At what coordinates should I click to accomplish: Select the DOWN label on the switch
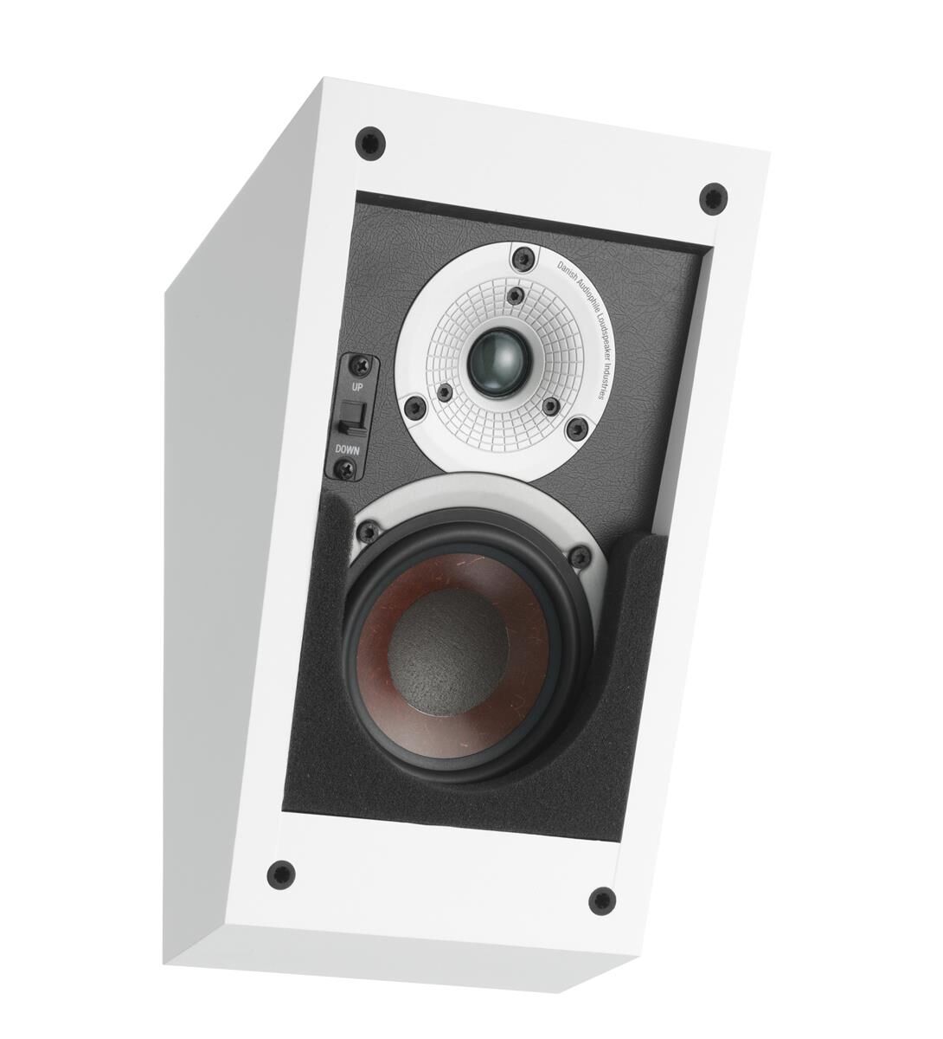[347, 449]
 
